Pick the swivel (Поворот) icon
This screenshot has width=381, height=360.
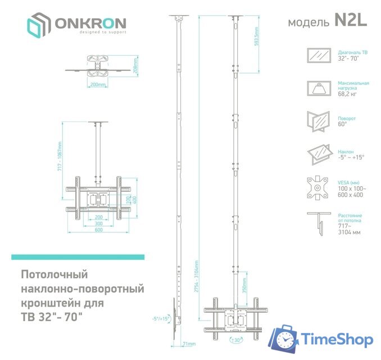(319, 121)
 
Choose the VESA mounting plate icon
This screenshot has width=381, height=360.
(319, 187)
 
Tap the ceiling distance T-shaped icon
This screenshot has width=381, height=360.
(319, 222)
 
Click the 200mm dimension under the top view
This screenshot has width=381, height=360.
(98, 85)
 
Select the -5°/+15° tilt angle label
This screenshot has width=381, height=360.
(160, 318)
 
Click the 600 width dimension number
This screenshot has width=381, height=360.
(98, 230)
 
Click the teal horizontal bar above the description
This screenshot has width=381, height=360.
(78, 257)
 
